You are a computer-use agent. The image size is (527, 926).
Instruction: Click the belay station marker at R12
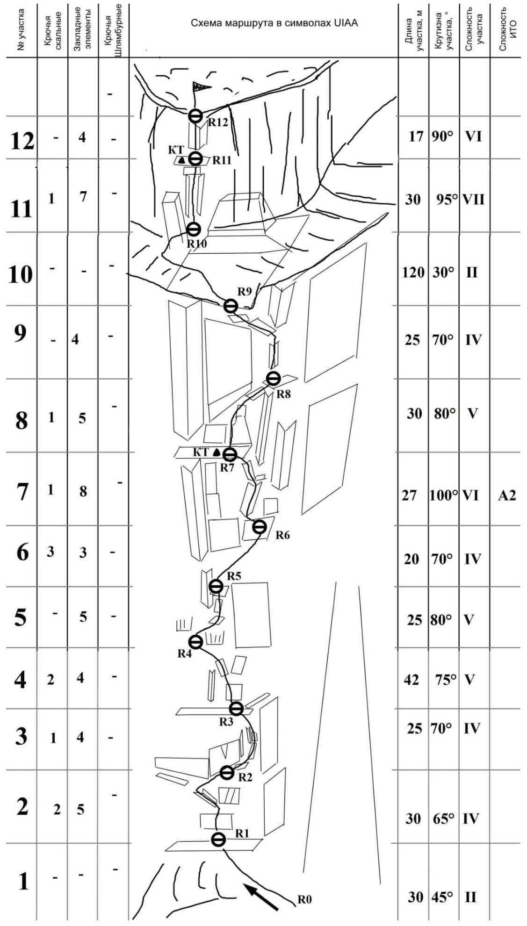pyautogui.click(x=195, y=115)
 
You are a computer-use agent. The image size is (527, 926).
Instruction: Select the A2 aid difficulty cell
pyautogui.click(x=507, y=495)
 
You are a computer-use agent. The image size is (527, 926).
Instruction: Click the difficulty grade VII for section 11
pyautogui.click(x=473, y=200)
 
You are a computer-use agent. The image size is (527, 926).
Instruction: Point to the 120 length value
pyautogui.click(x=413, y=273)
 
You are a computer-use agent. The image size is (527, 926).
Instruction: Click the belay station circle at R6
pyautogui.click(x=260, y=527)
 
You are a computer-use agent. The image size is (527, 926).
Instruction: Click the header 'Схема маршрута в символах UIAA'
pyautogui.click(x=274, y=23)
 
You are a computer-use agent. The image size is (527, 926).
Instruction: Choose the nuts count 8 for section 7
pyautogui.click(x=83, y=491)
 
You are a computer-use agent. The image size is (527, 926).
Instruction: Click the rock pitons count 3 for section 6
pyautogui.click(x=50, y=552)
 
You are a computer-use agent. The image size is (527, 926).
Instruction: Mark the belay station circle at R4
pyautogui.click(x=195, y=642)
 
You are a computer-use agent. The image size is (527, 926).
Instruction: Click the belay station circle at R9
pyautogui.click(x=231, y=306)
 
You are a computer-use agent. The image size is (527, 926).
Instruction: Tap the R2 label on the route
pyautogui.click(x=245, y=777)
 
